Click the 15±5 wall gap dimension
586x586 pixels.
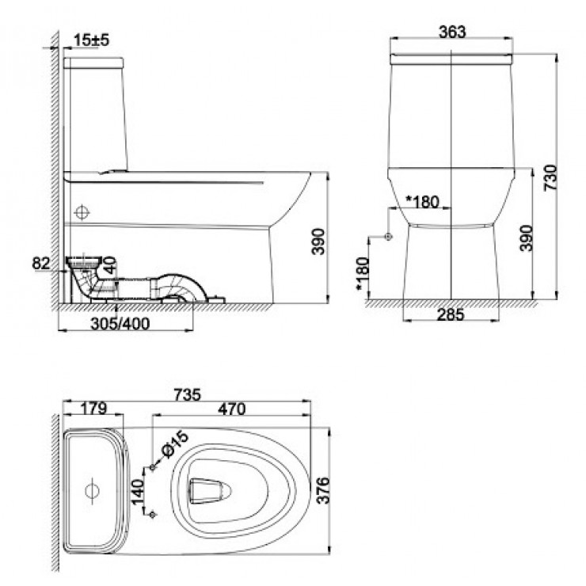[89, 40]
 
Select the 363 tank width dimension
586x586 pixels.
[450, 32]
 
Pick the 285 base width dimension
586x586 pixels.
[450, 313]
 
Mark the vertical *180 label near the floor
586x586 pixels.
[362, 274]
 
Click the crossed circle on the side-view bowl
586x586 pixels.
[82, 213]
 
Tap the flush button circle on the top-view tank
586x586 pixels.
[92, 489]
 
